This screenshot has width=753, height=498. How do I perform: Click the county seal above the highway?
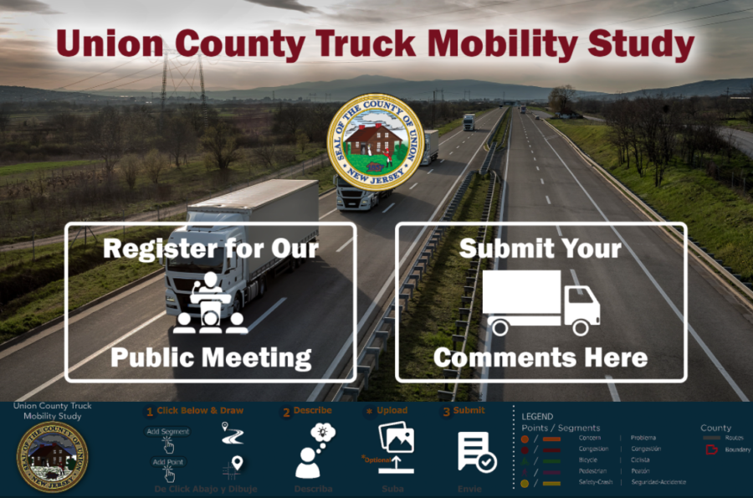click(x=375, y=142)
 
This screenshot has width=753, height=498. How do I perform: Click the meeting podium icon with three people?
click(x=211, y=304)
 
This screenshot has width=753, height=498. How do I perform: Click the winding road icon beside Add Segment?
click(x=230, y=432)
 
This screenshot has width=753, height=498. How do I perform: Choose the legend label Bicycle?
click(x=588, y=459)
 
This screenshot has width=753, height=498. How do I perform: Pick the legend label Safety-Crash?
click(x=596, y=482)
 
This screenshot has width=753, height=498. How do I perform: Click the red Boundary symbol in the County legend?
click(x=712, y=449)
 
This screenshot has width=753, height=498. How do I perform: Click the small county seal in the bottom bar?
click(x=52, y=457)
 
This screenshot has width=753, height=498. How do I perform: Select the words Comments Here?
click(x=540, y=358)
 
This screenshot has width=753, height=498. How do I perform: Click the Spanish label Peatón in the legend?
click(x=642, y=471)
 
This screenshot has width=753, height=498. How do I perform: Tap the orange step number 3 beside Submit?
click(x=446, y=412)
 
